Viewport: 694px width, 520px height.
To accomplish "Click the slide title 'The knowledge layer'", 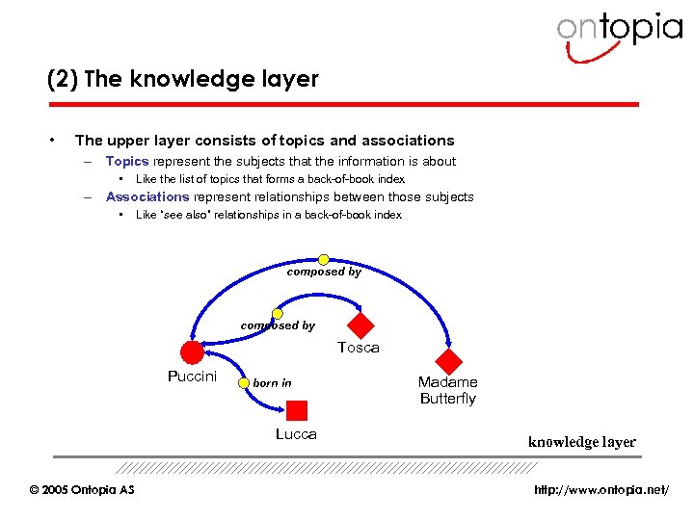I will click(x=183, y=79).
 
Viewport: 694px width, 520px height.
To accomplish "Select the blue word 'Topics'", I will click(x=126, y=162).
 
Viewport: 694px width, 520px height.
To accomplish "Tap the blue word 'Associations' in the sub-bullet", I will click(x=146, y=196).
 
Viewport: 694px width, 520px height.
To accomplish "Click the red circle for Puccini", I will click(x=192, y=352).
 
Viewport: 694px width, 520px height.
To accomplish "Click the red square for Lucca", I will click(x=297, y=411).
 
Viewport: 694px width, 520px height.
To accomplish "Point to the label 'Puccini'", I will click(x=192, y=377).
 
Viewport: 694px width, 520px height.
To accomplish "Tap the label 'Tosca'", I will click(x=359, y=348).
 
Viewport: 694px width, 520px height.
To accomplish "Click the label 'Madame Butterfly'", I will click(x=447, y=390).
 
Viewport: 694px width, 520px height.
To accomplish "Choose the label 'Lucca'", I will click(x=296, y=434).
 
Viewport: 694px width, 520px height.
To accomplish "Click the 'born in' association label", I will click(x=272, y=383).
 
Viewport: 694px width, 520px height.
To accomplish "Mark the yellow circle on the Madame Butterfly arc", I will click(x=324, y=259).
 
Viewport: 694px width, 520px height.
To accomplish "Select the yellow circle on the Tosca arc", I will click(x=278, y=314).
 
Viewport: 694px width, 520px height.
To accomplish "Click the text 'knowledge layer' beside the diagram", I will click(x=581, y=442).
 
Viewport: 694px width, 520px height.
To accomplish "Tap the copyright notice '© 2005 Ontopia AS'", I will click(x=82, y=490).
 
